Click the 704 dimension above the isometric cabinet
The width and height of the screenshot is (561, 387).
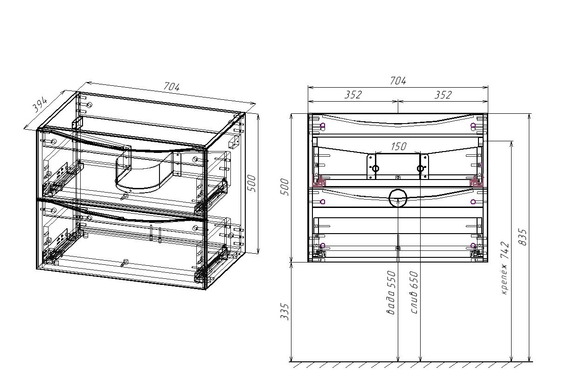[171, 87]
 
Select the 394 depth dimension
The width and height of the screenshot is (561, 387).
[41, 105]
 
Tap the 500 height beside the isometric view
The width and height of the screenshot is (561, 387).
[251, 183]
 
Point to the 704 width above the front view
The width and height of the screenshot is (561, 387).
[398, 81]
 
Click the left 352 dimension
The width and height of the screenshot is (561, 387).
[353, 95]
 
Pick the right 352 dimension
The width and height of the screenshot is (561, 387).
[443, 95]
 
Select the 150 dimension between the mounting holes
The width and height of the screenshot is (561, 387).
[398, 146]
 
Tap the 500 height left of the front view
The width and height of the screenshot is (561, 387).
[286, 187]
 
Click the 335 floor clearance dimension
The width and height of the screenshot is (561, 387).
[286, 312]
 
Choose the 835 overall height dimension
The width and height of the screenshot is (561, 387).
[523, 238]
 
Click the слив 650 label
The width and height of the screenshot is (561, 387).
[415, 292]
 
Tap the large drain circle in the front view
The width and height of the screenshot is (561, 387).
[398, 198]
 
